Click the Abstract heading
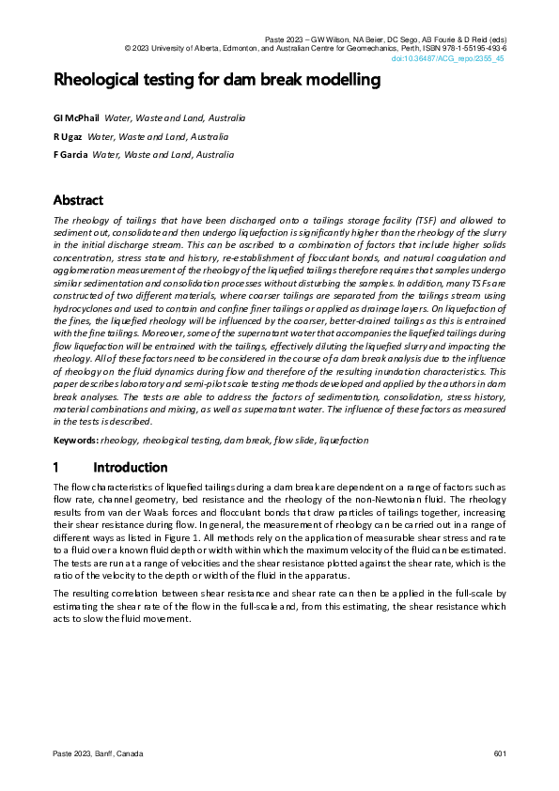[x=78, y=200]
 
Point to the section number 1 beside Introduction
[x=57, y=468]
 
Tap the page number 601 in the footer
[x=500, y=755]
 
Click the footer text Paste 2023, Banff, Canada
[x=99, y=755]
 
